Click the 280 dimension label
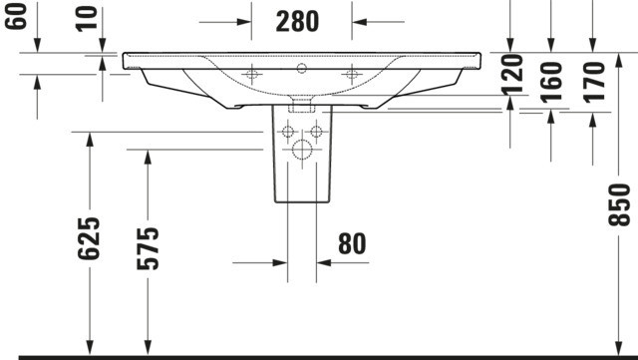297,22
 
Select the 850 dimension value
619,204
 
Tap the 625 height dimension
89,238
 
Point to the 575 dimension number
148,248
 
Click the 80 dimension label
352,243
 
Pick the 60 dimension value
16,16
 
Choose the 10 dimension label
87,17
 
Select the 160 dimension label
551,81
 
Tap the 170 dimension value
594,81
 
